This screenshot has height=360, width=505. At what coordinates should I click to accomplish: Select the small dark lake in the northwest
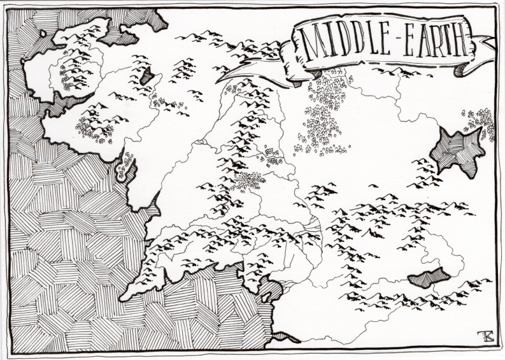(147, 77)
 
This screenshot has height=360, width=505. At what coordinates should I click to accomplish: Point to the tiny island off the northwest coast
(43, 32)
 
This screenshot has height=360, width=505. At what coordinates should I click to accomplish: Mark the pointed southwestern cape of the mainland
(125, 295)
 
